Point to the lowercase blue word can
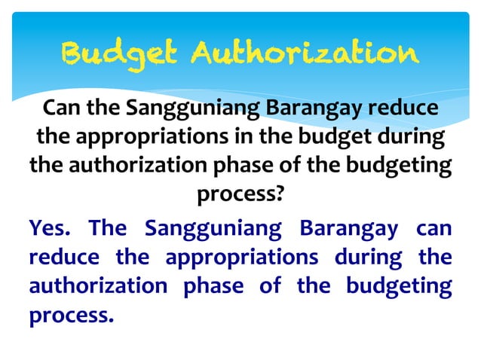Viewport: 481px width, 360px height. tap(434, 227)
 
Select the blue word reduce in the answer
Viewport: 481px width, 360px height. tap(64, 256)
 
